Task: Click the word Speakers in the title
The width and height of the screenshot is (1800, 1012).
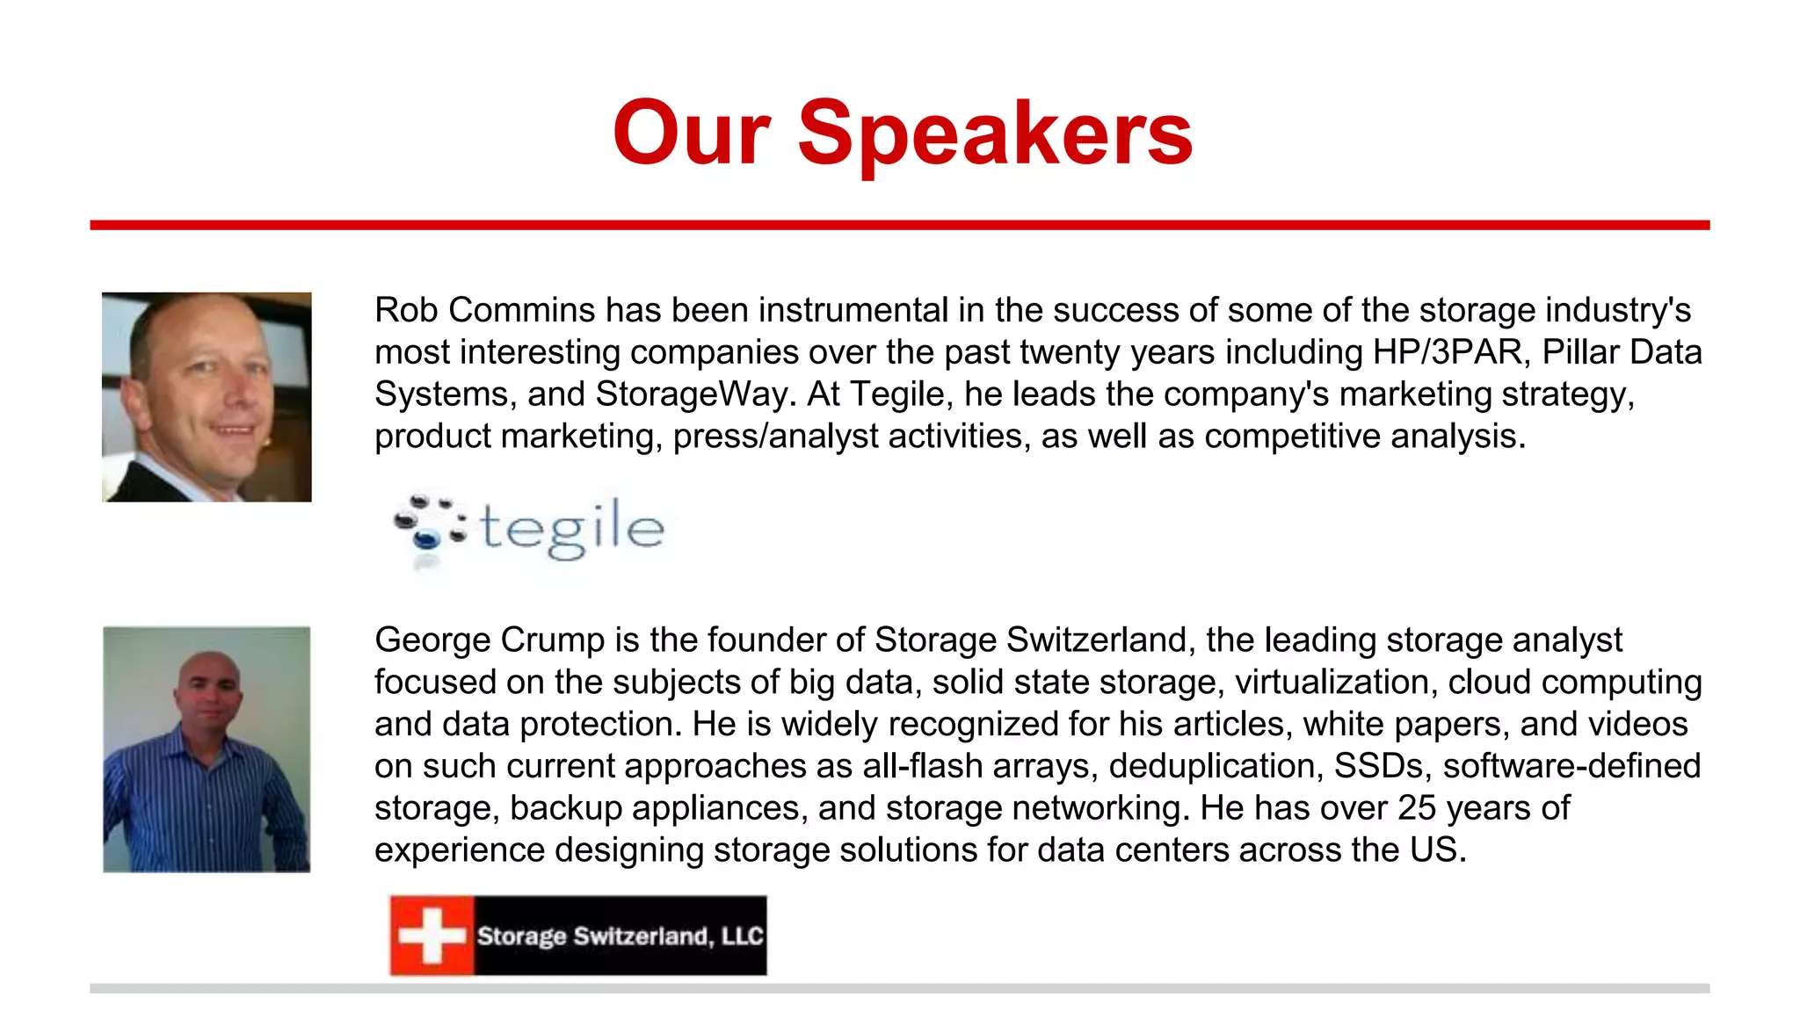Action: point(995,134)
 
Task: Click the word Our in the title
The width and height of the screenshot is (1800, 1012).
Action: point(692,134)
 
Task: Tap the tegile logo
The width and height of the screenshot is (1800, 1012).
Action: point(529,528)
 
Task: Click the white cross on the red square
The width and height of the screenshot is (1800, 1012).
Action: point(431,936)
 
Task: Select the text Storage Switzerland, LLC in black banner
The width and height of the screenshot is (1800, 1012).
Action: point(620,936)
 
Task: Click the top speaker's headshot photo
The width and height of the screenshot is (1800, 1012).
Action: point(207,397)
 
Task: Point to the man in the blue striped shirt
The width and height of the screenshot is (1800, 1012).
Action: point(207,749)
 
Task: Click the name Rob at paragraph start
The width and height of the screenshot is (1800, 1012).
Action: point(405,310)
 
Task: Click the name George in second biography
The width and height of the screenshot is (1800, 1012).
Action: point(433,640)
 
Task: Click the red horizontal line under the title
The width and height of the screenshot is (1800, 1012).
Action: point(900,226)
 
